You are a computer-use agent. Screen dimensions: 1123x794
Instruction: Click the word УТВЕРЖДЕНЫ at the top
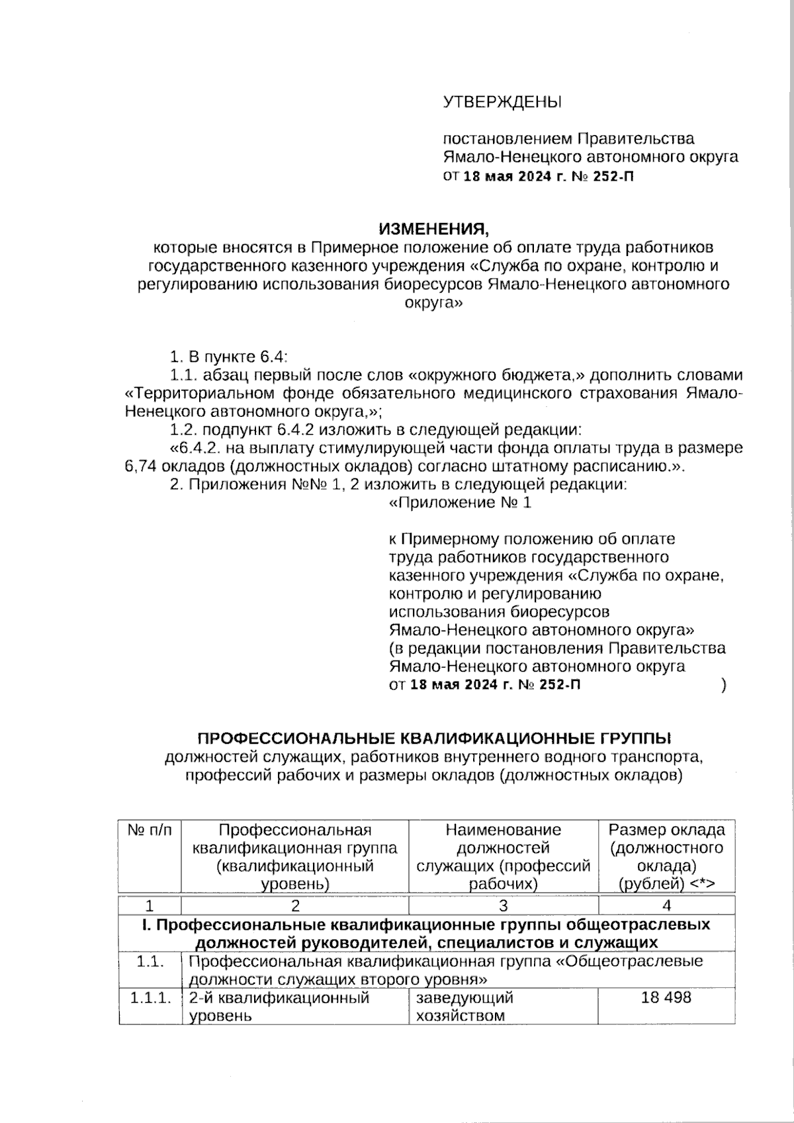pos(502,102)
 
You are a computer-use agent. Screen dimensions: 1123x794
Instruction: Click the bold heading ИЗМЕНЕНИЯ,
pos(433,229)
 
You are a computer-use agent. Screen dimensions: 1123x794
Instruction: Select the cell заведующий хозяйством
pos(464,1006)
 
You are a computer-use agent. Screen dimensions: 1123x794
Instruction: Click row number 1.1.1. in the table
pos(150,997)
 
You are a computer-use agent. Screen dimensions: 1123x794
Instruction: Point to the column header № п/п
pos(150,830)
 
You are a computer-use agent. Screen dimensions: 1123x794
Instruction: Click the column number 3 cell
pos(503,905)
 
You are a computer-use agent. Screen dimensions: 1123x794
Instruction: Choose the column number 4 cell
pos(666,905)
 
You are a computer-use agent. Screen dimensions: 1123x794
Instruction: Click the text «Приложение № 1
pos(460,503)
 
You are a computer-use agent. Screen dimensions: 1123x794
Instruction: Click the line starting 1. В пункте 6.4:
pos(228,357)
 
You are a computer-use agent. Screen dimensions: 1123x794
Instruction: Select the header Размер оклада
pos(666,830)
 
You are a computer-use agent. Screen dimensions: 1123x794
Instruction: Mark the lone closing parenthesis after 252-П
pos(725,685)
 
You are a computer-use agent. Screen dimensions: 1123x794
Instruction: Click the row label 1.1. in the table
pos(150,961)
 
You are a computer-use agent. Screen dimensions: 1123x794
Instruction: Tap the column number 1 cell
pos(150,905)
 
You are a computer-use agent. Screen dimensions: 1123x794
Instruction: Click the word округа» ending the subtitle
pos(433,304)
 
